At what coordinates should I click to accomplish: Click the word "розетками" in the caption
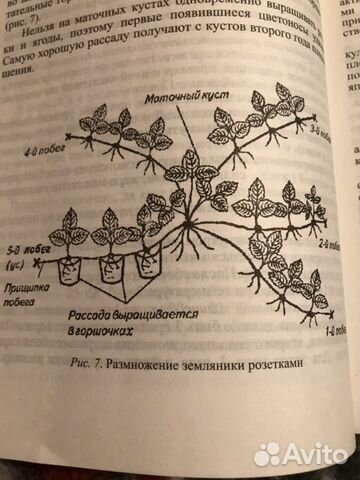pos(266,363)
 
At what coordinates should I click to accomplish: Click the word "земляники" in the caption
pos(207,363)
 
